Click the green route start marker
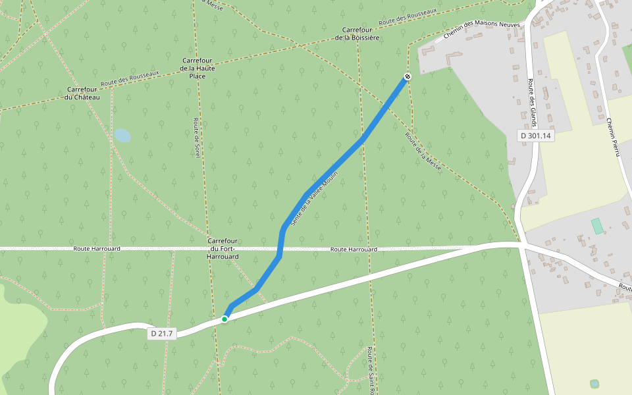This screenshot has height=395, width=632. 224,319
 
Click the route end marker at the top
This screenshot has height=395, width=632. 408,77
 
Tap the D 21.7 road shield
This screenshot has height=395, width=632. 161,334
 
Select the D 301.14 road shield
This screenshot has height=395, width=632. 535,136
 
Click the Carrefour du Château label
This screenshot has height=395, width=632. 83,93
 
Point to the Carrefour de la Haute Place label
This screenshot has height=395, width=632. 198,68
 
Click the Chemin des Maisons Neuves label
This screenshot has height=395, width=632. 481,30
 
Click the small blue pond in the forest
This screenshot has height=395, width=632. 122,136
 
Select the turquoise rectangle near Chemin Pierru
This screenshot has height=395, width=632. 597,226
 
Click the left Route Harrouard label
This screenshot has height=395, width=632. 97,249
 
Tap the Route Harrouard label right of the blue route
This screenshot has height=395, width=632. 354,250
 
